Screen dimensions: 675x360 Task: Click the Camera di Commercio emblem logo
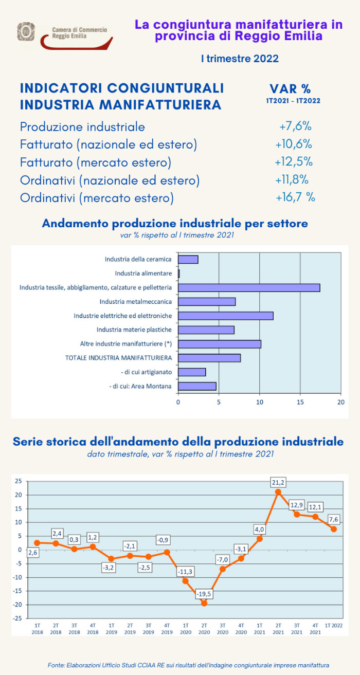point(26,32)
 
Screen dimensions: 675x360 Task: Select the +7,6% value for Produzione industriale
point(296,126)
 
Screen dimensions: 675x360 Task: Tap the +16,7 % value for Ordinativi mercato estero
point(296,197)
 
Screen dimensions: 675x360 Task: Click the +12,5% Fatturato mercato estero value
point(294,162)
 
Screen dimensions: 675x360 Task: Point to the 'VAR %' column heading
point(291,89)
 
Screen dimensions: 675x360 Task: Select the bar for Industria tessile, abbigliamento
point(249,287)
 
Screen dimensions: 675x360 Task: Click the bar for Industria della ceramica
point(188,259)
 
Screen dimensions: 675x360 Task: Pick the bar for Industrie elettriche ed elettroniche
point(226,316)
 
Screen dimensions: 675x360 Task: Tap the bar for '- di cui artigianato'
point(192,372)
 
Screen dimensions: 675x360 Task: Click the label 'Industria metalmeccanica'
point(136,301)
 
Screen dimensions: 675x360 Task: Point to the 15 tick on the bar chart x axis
point(300,402)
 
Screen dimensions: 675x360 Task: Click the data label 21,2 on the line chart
point(278,482)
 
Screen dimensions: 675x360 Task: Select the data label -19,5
point(204,593)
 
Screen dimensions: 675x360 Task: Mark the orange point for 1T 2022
point(334,529)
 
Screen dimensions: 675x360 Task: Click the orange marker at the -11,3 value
point(186,581)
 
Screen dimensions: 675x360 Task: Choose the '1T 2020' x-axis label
point(186,629)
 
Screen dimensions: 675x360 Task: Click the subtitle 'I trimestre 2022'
point(240,59)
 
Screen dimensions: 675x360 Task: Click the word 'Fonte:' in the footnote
point(57,665)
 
